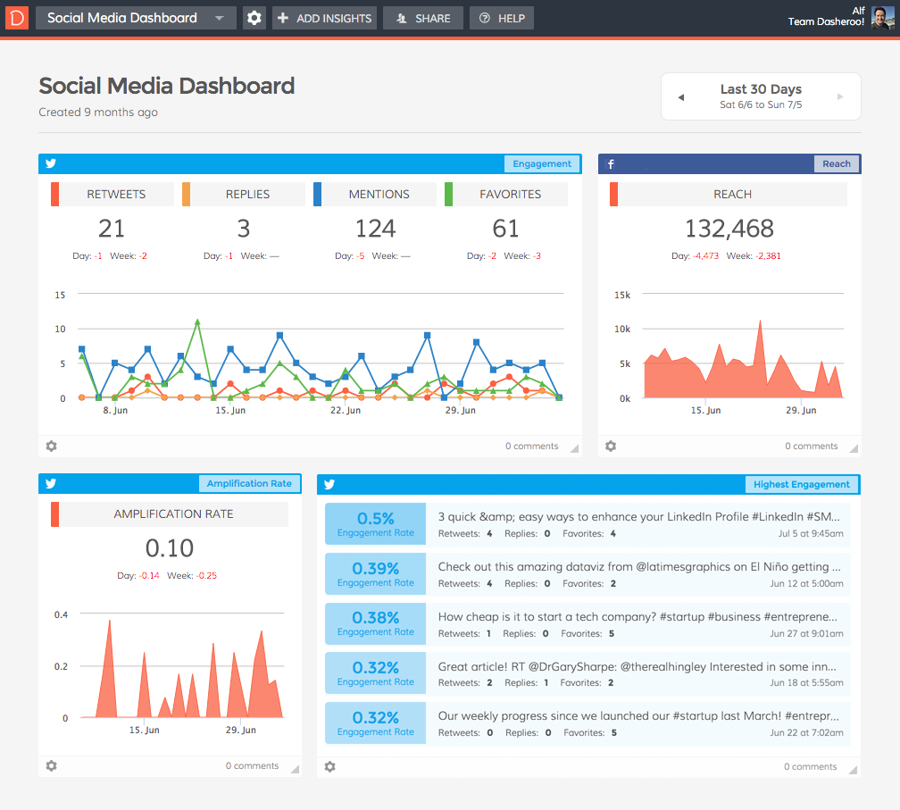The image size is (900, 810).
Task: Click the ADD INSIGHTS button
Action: point(323,18)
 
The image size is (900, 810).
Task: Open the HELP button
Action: point(502,18)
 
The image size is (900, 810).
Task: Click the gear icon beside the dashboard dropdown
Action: point(254,18)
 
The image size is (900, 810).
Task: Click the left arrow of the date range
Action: point(681,97)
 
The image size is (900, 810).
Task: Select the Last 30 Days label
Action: point(761,89)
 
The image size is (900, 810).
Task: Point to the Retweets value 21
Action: point(112,229)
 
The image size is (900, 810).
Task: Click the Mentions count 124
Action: point(375,229)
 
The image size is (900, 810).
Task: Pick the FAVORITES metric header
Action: point(510,194)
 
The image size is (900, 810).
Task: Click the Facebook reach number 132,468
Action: point(729,229)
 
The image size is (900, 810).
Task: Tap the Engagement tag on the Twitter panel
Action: point(541,164)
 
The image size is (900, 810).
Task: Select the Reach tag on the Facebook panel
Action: point(836,164)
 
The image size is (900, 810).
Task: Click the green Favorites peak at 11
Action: point(197,321)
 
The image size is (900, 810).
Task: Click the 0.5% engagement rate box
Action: point(375,523)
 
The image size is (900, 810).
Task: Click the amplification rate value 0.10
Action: point(169,547)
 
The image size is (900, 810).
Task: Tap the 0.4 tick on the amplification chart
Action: point(61,614)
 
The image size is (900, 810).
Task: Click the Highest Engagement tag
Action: point(801,484)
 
